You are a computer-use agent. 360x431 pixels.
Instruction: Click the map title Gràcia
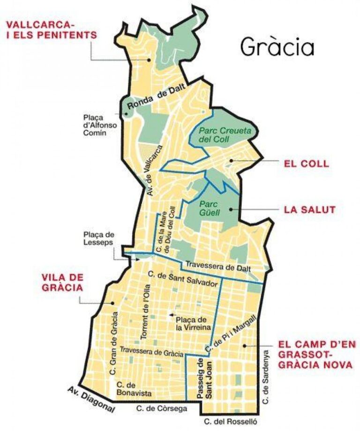(x=277, y=46)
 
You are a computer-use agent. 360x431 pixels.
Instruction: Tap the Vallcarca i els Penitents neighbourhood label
(x=51, y=30)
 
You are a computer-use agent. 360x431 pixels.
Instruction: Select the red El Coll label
(x=306, y=164)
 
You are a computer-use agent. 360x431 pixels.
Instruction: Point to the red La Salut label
(x=310, y=209)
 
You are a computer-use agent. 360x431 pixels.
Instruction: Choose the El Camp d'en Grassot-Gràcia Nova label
(x=315, y=355)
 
